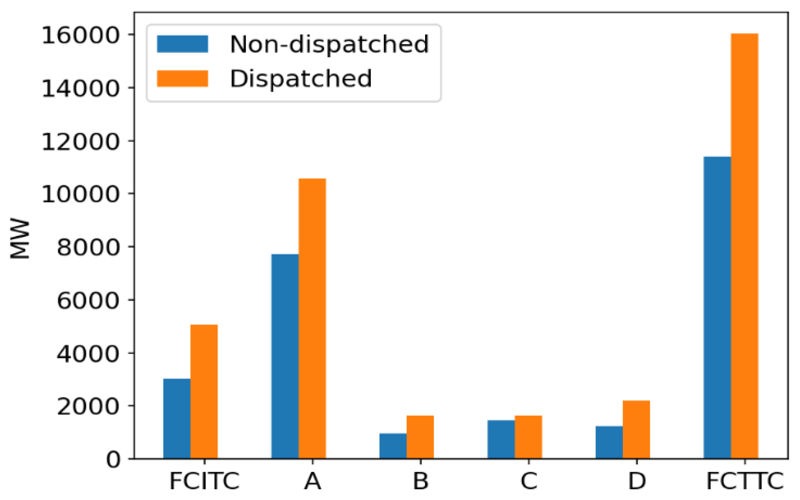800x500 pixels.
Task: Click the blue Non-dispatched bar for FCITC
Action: coord(177,418)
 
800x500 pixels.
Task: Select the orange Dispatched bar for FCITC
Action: coord(204,392)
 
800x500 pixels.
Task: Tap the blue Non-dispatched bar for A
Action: coord(285,356)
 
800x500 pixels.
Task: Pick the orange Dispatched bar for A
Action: coord(312,318)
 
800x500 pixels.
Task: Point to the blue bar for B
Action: coord(393,446)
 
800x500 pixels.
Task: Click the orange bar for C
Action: coord(528,437)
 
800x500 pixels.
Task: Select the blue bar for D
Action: coord(609,442)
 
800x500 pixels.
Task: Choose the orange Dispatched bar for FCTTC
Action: coord(744,246)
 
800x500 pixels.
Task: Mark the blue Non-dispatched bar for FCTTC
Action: coord(717,307)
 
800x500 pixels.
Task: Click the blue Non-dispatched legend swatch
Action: coord(182,44)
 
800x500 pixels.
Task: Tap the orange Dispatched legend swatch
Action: coord(182,78)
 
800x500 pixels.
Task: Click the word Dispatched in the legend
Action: coord(300,78)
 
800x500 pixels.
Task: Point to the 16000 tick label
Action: coord(80,35)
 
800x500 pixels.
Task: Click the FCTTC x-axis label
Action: coord(744,481)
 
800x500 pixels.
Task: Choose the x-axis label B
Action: coord(420,481)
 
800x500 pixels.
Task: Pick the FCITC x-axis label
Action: coord(204,481)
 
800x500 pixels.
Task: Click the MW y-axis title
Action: coord(20,239)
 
